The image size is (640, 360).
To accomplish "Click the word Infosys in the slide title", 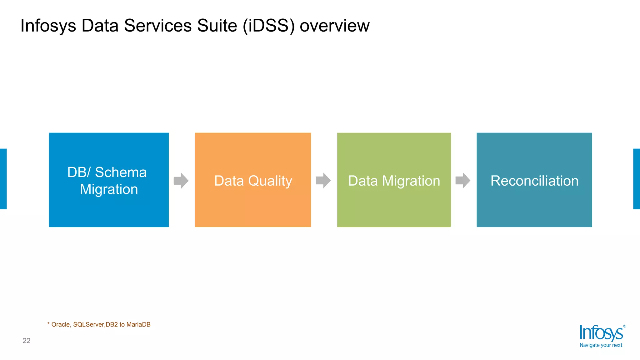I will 48,26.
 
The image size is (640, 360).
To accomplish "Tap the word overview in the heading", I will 334,26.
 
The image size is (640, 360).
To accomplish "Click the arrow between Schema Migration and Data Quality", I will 181,181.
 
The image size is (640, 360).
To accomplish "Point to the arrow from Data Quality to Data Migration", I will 323,181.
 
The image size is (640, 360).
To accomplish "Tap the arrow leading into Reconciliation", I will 463,181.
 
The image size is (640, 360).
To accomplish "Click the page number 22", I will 26,341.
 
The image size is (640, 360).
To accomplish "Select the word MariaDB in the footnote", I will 138,324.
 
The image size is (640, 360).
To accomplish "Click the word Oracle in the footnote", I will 61,324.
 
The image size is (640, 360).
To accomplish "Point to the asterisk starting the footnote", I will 48,324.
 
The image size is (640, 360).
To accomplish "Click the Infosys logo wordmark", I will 601,333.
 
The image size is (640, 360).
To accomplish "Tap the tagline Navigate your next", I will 601,345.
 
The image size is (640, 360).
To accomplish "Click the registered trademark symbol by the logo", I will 624,326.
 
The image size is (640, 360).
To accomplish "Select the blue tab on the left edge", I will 3,179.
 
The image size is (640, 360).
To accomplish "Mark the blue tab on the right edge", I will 637,179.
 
